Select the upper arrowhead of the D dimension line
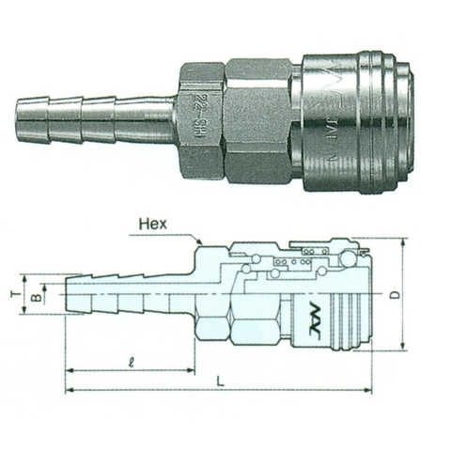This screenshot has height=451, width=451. click(x=400, y=241)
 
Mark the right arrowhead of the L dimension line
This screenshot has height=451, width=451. click(x=369, y=390)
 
